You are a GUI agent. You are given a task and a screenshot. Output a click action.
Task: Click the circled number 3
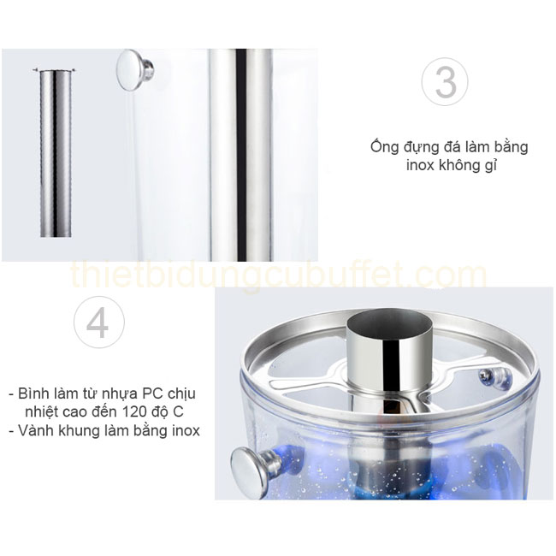pyautogui.click(x=445, y=82)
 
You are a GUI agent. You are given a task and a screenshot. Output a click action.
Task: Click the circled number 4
pyautogui.click(x=98, y=324)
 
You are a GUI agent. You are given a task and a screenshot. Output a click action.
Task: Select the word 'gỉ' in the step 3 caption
pyautogui.click(x=490, y=166)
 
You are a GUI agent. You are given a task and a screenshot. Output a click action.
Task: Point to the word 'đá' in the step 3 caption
pyautogui.click(x=431, y=146)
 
